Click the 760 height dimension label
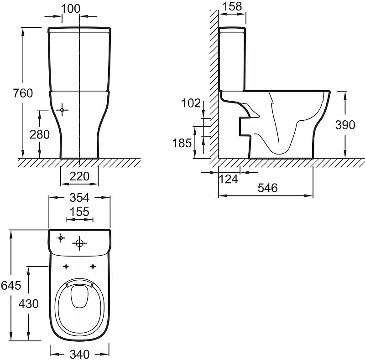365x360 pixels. coord(23,93)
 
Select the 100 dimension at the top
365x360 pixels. coord(70,8)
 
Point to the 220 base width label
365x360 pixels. coord(79,176)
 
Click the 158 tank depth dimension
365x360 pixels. coord(231,6)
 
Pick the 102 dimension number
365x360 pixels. coord(191,103)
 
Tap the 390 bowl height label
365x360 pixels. coord(345,125)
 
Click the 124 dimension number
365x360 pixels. coord(228,179)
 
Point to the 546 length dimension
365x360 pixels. coord(267,188)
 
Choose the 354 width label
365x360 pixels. coord(80,197)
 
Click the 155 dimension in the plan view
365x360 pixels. coord(79,212)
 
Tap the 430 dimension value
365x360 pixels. coord(29,303)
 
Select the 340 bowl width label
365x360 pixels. coord(80,353)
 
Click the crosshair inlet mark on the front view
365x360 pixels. coord(63,110)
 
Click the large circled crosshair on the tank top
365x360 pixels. coord(80,243)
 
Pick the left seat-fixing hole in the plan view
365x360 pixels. coord(67,266)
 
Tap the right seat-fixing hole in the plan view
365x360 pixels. coord(93,266)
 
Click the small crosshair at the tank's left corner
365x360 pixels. coord(60,237)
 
